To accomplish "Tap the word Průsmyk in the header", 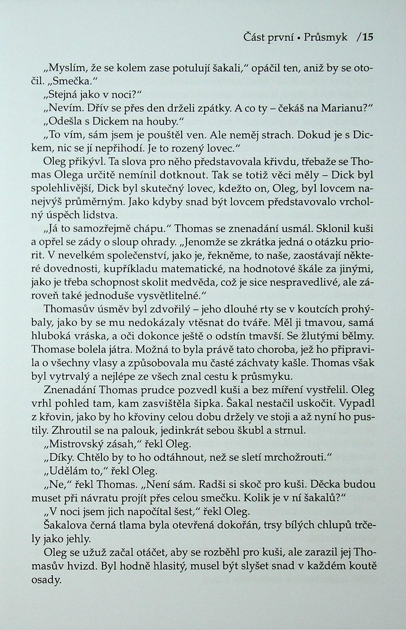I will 326,38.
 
